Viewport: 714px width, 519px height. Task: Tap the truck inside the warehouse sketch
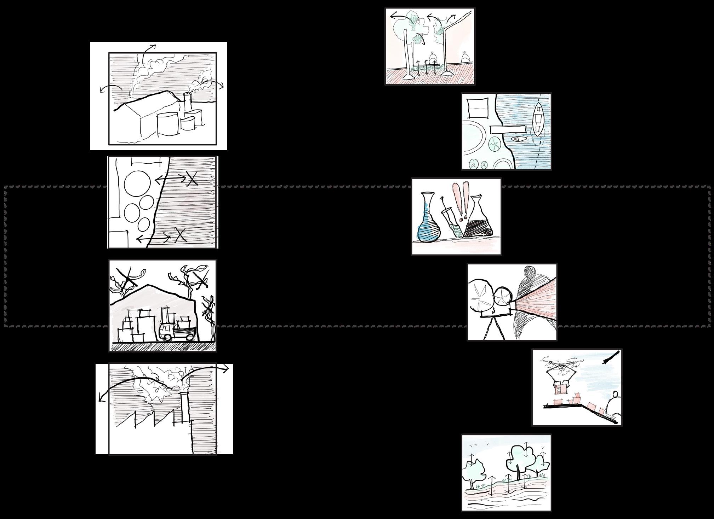(176, 330)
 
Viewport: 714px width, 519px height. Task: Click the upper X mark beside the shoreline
(192, 179)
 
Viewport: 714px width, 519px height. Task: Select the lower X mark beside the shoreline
(180, 234)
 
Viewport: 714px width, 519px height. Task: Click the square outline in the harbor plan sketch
(478, 108)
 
